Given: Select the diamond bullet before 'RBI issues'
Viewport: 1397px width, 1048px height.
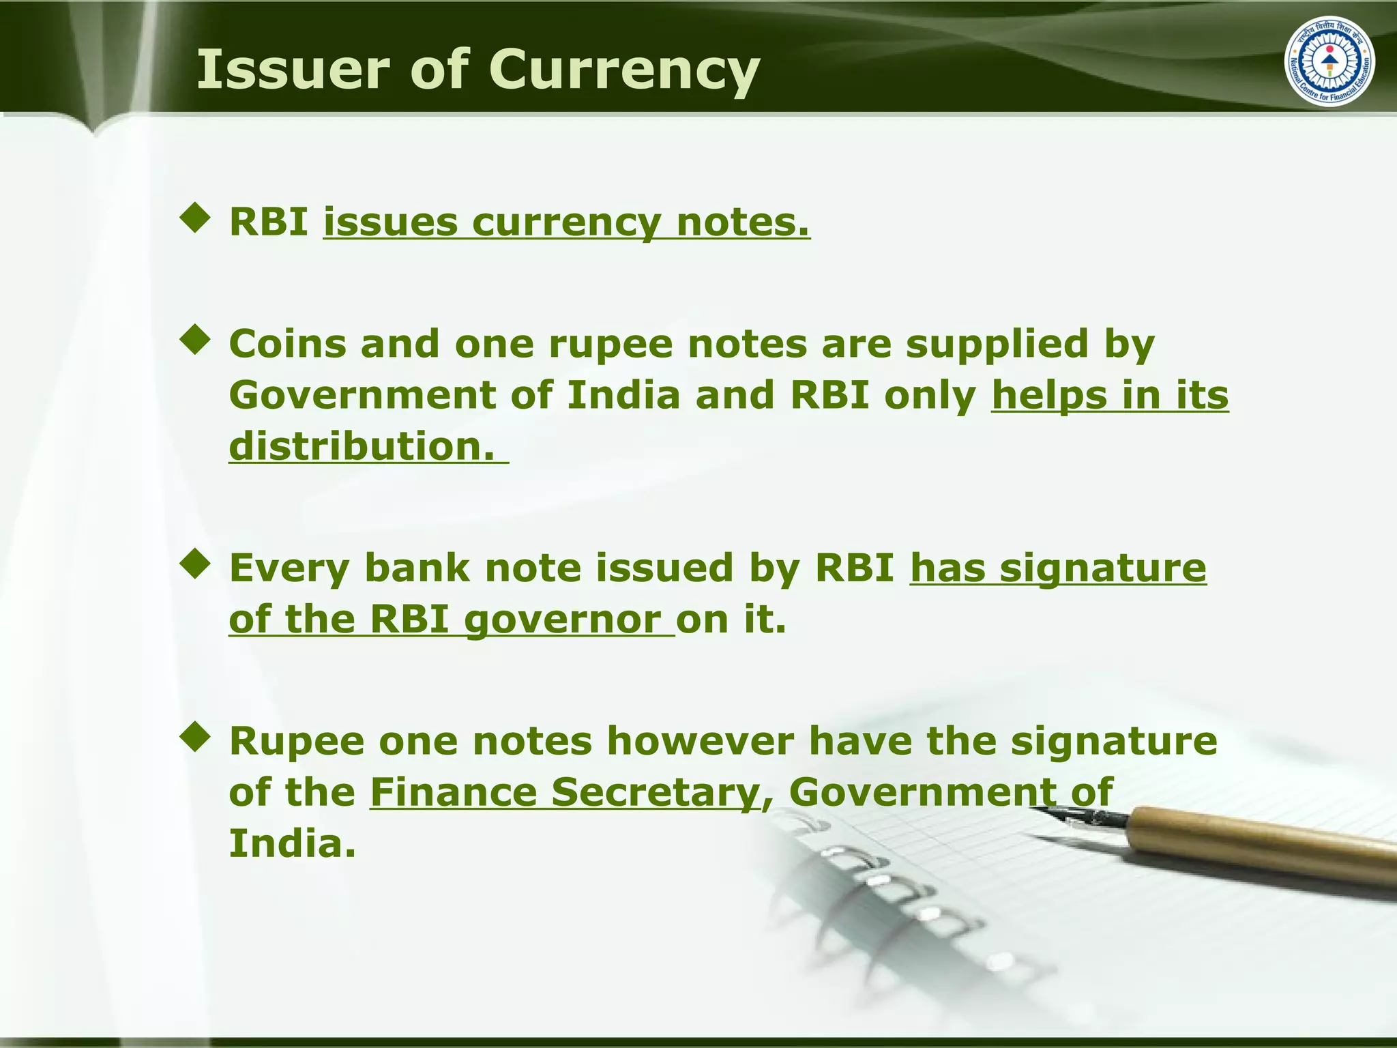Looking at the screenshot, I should pyautogui.click(x=196, y=218).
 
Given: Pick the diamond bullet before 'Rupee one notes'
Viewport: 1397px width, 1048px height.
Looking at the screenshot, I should pyautogui.click(x=196, y=738).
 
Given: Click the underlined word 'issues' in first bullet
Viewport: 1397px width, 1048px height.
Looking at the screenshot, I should pyautogui.click(x=390, y=222).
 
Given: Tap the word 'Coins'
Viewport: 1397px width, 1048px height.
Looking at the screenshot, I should pyautogui.click(x=286, y=343).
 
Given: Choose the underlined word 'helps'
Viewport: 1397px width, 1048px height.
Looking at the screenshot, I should pyautogui.click(x=1049, y=396).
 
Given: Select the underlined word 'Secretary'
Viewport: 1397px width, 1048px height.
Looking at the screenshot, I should pyautogui.click(x=656, y=794).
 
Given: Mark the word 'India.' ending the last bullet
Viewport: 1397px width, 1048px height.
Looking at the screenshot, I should pyautogui.click(x=292, y=844).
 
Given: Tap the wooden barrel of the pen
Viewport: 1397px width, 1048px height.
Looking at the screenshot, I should pyautogui.click(x=1262, y=843).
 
